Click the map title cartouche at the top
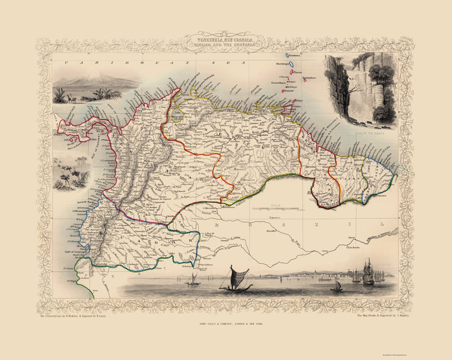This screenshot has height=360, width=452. click(x=225, y=45)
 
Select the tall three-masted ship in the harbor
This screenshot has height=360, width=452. click(x=367, y=271)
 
